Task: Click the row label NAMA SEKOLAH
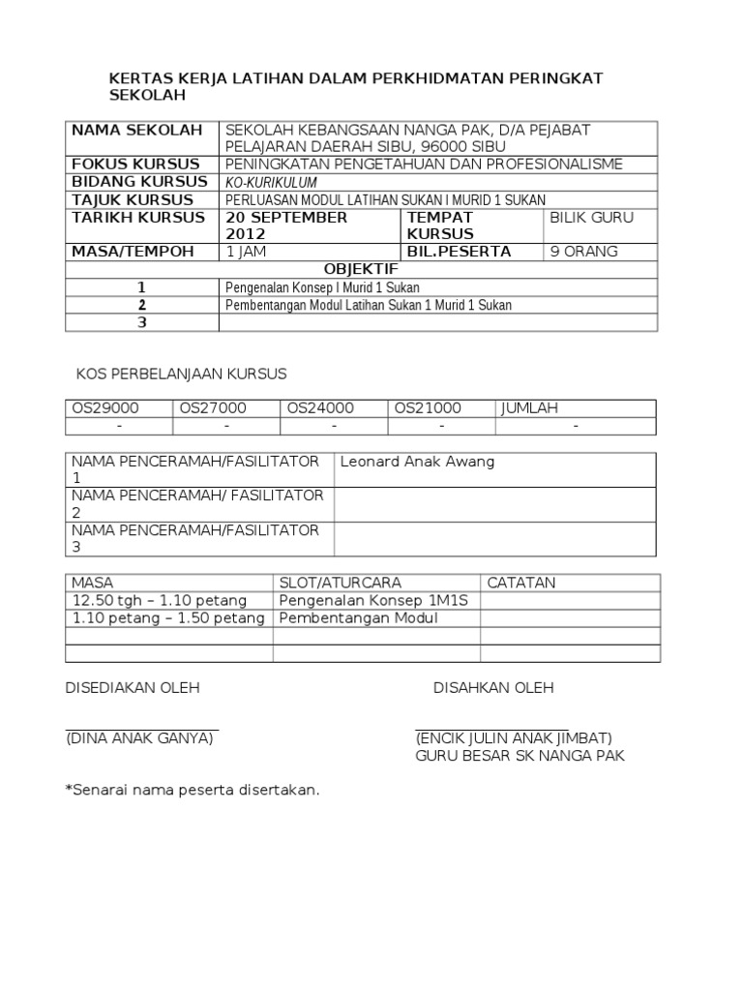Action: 137,131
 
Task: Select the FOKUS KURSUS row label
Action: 136,165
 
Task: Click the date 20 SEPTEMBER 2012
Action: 286,225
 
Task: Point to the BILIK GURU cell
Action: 591,218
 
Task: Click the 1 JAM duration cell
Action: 249,252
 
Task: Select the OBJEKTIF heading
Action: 361,269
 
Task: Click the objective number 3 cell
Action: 141,323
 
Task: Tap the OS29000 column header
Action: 105,408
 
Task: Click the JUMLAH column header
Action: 530,408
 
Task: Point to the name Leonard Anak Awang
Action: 417,462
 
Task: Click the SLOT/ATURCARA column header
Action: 340,583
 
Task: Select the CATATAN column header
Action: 522,583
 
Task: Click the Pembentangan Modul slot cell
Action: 359,618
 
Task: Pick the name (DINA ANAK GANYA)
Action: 139,738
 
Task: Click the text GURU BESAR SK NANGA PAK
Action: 520,756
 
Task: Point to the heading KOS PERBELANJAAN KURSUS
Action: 181,373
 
